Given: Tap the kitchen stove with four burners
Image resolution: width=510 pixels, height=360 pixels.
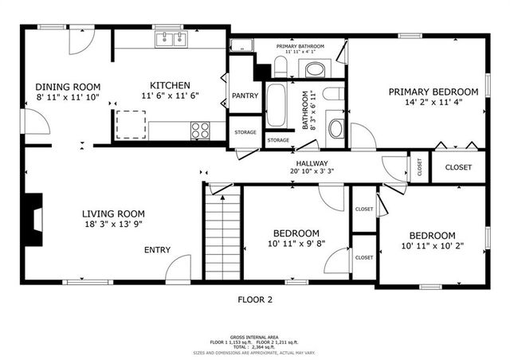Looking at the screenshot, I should (200, 129).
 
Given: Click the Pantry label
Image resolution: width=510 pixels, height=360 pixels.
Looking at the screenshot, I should (244, 96).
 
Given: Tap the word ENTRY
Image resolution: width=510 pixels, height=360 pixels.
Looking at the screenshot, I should (157, 250).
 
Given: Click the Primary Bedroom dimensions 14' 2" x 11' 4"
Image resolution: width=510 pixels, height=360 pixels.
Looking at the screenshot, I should (433, 102).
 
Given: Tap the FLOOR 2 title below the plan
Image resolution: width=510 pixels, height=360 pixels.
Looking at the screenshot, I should (255, 300).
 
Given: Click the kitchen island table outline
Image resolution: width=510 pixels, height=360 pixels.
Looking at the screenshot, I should (131, 124).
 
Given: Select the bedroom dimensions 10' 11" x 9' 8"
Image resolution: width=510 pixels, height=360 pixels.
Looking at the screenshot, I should (296, 243).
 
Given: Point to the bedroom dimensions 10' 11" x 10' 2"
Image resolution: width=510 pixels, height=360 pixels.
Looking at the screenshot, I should (432, 246).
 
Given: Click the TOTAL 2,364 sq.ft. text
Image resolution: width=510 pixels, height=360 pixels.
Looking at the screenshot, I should (255, 346).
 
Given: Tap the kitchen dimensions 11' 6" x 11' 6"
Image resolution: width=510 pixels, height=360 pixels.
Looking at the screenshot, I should (170, 96).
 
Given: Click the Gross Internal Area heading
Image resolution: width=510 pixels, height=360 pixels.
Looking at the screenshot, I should (255, 336).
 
